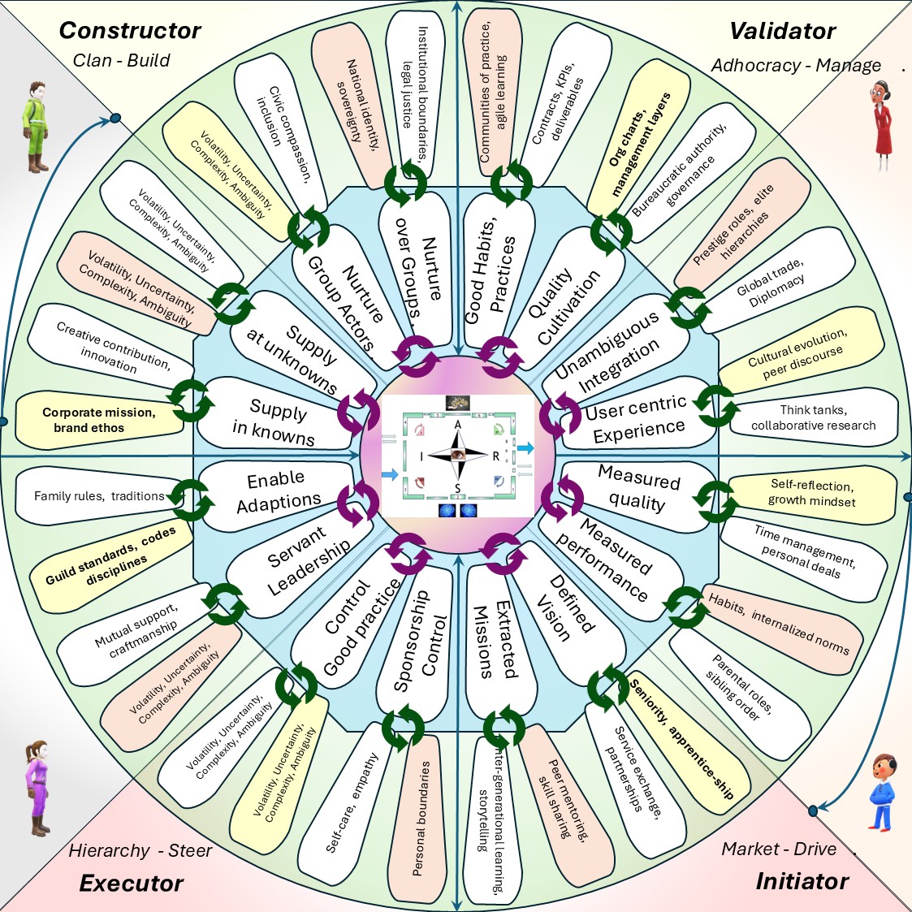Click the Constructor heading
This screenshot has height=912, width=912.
(x=130, y=31)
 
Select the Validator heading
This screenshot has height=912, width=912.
(x=782, y=31)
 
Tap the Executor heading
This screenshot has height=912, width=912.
(x=131, y=884)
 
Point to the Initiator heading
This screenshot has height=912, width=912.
(x=802, y=881)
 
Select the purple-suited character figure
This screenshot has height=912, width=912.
(x=37, y=788)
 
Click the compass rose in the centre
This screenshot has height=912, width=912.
(x=458, y=456)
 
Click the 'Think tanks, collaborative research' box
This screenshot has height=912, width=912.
(x=813, y=417)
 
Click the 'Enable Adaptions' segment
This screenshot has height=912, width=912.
(x=276, y=491)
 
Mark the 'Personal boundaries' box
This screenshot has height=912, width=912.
(x=421, y=816)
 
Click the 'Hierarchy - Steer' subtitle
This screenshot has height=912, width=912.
(x=140, y=850)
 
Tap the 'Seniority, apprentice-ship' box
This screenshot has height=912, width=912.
(x=682, y=739)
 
